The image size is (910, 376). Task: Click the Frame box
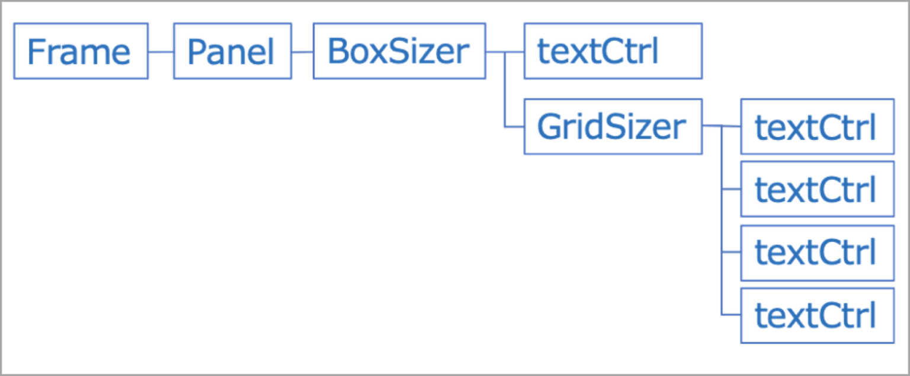[x=81, y=51]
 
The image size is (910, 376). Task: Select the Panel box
[x=232, y=51]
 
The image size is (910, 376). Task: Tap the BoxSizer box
[x=399, y=51]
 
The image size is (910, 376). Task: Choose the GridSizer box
[x=613, y=127]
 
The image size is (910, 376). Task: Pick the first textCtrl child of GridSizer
[x=818, y=128]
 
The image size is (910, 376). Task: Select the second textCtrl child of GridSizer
[x=818, y=190]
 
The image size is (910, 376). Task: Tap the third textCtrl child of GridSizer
[x=818, y=253]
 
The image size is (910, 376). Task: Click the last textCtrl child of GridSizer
[x=818, y=315]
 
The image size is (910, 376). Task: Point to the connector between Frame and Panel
[x=161, y=52]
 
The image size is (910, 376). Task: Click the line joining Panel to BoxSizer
[x=302, y=52]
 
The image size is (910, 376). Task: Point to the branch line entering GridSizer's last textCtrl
[x=731, y=315]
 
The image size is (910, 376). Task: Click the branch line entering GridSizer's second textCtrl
[x=731, y=190]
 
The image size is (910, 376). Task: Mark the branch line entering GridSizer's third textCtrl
[x=731, y=253]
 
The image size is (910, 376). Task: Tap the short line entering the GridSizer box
[x=513, y=127]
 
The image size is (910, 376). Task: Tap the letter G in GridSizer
[x=547, y=127]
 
